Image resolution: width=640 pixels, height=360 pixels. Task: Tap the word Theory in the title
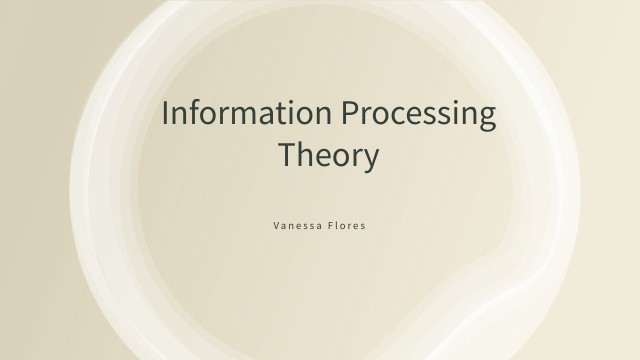[x=328, y=157]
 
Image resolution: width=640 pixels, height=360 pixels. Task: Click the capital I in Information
[x=166, y=113]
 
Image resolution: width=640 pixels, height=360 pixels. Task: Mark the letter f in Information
[x=197, y=112]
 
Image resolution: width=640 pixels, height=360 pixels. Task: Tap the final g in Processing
[x=486, y=118]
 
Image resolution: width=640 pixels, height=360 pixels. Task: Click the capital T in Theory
[x=286, y=156]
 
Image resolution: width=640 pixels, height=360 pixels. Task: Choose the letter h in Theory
[x=304, y=155]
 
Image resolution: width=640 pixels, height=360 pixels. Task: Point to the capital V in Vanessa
[x=276, y=226]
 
